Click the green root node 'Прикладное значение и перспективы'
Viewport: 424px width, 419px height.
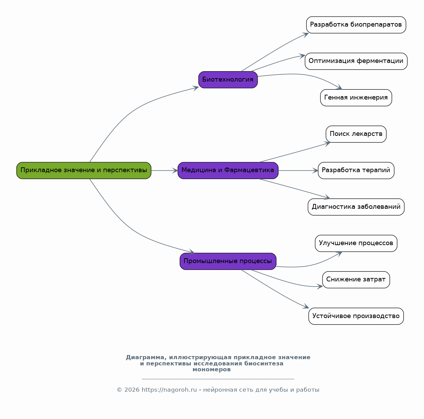point(84,171)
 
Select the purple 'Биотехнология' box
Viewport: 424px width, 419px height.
point(228,80)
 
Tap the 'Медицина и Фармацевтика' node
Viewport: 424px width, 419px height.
point(228,171)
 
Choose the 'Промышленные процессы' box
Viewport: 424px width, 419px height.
point(228,261)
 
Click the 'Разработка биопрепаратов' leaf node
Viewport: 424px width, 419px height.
point(356,25)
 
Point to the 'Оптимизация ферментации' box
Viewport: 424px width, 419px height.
point(356,61)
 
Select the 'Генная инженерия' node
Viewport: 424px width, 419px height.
point(356,98)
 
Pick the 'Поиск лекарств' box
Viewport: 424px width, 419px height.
point(356,134)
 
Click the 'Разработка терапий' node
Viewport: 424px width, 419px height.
point(356,171)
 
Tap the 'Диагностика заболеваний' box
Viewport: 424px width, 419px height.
point(356,207)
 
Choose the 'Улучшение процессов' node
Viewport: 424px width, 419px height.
point(356,243)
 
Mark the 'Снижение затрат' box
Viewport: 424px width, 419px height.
point(356,280)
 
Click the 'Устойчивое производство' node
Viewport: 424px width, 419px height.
point(356,316)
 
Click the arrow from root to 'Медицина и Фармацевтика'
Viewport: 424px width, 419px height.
point(164,171)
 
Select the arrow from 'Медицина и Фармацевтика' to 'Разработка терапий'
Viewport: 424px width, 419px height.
point(298,171)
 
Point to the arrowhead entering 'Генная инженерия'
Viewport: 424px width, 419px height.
point(339,87)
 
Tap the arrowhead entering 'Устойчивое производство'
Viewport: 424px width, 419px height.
point(306,306)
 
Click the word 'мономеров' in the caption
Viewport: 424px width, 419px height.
point(212,370)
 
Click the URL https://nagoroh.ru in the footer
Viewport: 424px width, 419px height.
point(169,390)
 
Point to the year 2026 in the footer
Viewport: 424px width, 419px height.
point(132,390)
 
